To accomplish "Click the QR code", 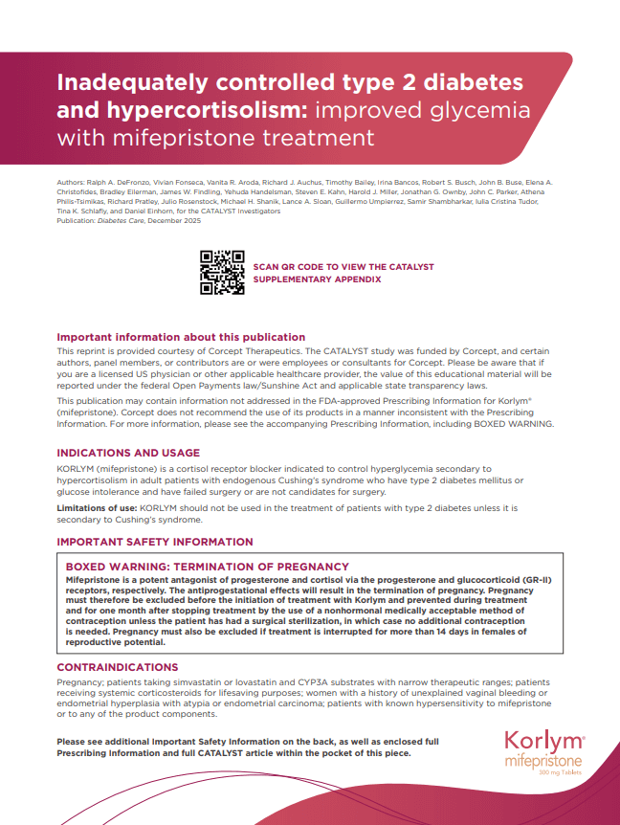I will point(221,272).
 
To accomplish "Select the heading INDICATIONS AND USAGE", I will point(128,453).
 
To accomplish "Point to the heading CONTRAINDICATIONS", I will point(118,667).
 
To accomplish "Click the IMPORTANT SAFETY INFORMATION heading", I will point(155,542).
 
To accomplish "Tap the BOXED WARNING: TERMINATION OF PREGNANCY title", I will point(207,567).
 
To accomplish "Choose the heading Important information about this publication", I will point(181,337).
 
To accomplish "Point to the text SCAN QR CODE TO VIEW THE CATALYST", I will point(343,266).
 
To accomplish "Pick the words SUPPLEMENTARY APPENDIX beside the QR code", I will point(317,279).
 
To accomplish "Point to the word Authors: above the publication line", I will point(72,182).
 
